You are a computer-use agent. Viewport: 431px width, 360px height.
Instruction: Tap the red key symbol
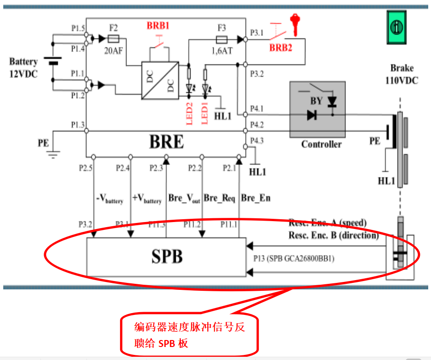click(x=294, y=24)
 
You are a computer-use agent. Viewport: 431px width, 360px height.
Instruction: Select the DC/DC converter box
click(x=160, y=80)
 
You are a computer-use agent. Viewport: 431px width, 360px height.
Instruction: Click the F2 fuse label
click(x=113, y=27)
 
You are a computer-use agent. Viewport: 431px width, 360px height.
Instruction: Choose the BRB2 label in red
click(x=281, y=47)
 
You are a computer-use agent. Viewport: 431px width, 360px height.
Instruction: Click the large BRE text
click(x=166, y=143)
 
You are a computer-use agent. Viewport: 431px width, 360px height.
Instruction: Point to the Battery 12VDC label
click(x=23, y=67)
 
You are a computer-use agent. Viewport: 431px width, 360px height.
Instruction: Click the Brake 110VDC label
click(x=401, y=74)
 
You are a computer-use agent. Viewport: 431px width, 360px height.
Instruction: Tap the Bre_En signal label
click(x=256, y=198)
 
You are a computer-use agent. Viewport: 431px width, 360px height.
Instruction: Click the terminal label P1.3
click(x=78, y=124)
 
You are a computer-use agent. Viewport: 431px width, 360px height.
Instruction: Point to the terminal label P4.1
click(x=257, y=109)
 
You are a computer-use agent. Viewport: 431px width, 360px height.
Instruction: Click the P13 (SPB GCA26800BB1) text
click(x=294, y=258)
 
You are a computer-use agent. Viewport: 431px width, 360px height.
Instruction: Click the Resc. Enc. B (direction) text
click(x=333, y=235)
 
